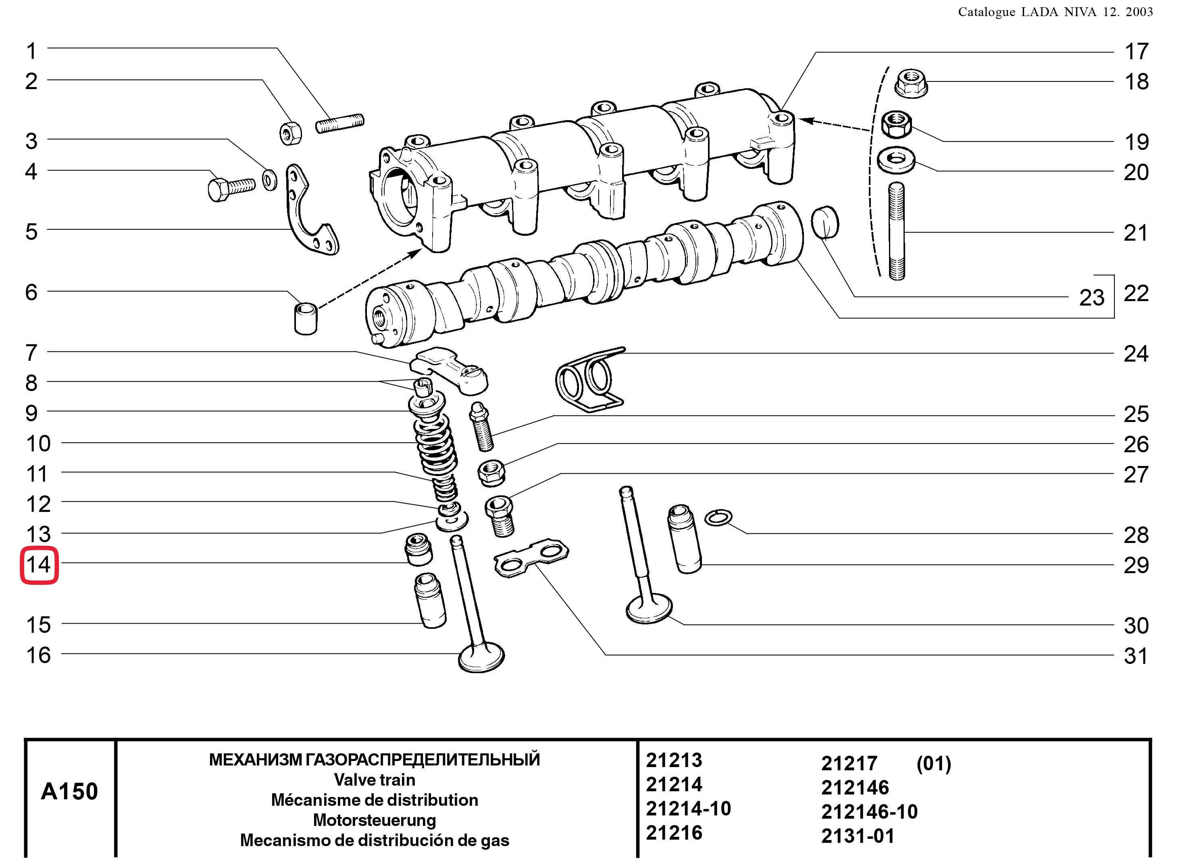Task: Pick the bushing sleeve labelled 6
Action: click(x=306, y=318)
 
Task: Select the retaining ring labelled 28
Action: click(x=718, y=518)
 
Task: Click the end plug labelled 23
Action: click(x=825, y=223)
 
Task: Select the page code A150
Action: click(x=69, y=792)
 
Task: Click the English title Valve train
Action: click(x=375, y=780)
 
